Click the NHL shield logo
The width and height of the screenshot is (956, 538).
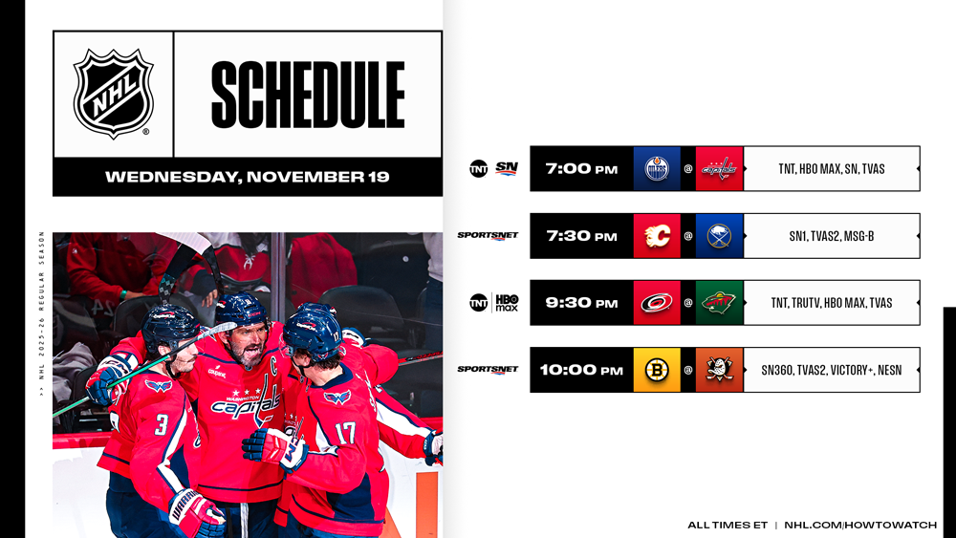[x=114, y=94]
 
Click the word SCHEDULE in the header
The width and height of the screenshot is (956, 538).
[x=308, y=95]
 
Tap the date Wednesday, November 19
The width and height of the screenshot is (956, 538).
[x=247, y=177]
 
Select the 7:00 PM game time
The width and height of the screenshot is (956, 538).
[x=581, y=169]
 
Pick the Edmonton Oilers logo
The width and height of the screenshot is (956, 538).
[x=658, y=169]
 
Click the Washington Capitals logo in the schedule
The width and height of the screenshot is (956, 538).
[x=720, y=169]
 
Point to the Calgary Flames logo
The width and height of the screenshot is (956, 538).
[x=658, y=236]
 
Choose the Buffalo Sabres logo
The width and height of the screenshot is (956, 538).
[x=720, y=236]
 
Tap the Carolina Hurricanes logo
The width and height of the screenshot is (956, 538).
[x=658, y=303]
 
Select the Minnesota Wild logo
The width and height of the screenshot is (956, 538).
[x=720, y=303]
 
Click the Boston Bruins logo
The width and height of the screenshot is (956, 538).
[x=658, y=370]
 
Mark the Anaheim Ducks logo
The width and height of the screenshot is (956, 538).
[x=720, y=370]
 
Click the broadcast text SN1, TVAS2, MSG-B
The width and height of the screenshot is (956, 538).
[x=832, y=236]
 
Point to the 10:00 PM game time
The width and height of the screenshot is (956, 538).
[x=581, y=370]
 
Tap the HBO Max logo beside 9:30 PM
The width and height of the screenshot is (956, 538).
[x=507, y=303]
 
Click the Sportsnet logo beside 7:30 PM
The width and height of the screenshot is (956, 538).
[x=488, y=236]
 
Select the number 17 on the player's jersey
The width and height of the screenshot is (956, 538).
[x=345, y=433]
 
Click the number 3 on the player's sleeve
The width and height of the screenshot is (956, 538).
[x=161, y=424]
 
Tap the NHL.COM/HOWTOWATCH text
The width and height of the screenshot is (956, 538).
[x=860, y=525]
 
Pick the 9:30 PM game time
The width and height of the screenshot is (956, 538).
[x=581, y=303]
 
